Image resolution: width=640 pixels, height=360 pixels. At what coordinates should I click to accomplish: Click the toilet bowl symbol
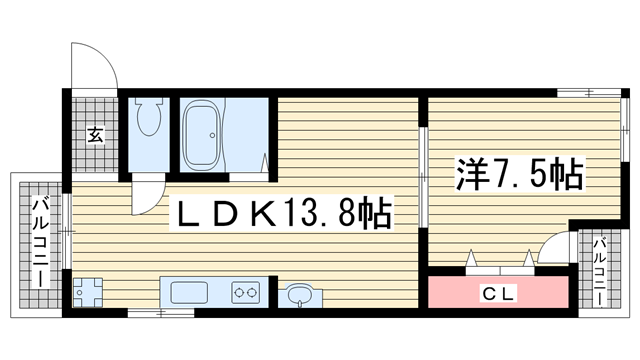pyautogui.click(x=149, y=117)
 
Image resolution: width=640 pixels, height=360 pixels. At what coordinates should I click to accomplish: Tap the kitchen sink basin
pyautogui.click(x=189, y=292)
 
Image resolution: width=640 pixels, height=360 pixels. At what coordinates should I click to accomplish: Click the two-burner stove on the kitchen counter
pyautogui.click(x=246, y=292)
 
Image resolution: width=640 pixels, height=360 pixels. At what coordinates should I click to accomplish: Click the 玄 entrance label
pyautogui.click(x=96, y=135)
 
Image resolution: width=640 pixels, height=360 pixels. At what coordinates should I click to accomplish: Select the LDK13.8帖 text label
pyautogui.click(x=283, y=212)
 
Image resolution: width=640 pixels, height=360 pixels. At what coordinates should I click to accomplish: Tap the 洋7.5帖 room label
pyautogui.click(x=519, y=175)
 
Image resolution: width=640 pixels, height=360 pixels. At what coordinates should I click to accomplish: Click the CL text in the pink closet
pyautogui.click(x=498, y=293)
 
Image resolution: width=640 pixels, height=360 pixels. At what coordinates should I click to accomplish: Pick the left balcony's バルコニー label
pyautogui.click(x=41, y=242)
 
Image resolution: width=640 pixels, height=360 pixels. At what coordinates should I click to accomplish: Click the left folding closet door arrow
pyautogui.click(x=472, y=258)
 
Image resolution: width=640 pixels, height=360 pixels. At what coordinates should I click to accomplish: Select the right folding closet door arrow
pyautogui.click(x=529, y=258)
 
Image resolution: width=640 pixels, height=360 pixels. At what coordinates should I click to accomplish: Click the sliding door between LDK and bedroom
pyautogui.click(x=423, y=177)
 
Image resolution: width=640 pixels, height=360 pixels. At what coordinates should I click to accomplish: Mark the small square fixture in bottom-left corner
pyautogui.click(x=87, y=292)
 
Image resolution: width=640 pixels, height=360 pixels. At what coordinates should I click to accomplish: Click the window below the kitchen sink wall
pyautogui.click(x=160, y=313)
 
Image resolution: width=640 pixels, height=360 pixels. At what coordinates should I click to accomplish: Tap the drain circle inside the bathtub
pyautogui.click(x=212, y=135)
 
